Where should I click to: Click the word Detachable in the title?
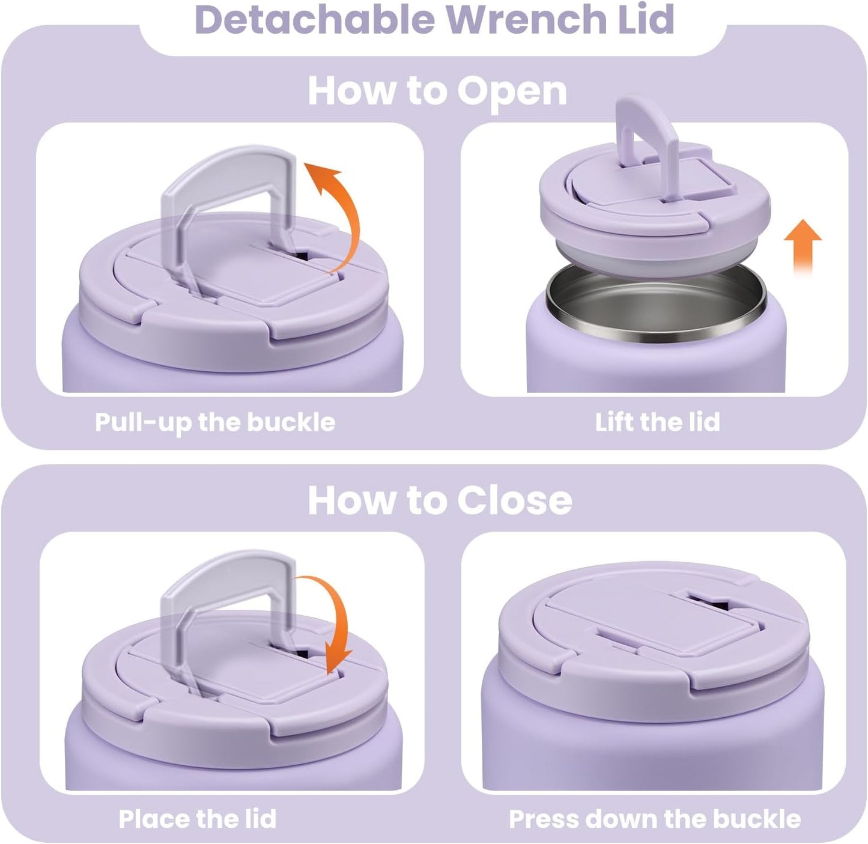pos(314,19)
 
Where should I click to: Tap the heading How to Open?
pos(437,91)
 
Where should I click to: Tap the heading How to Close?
pos(440,500)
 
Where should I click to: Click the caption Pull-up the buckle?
pos(215,422)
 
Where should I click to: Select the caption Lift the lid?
pos(657,422)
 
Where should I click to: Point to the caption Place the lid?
pos(197,819)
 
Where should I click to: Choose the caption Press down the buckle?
pos(655,819)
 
